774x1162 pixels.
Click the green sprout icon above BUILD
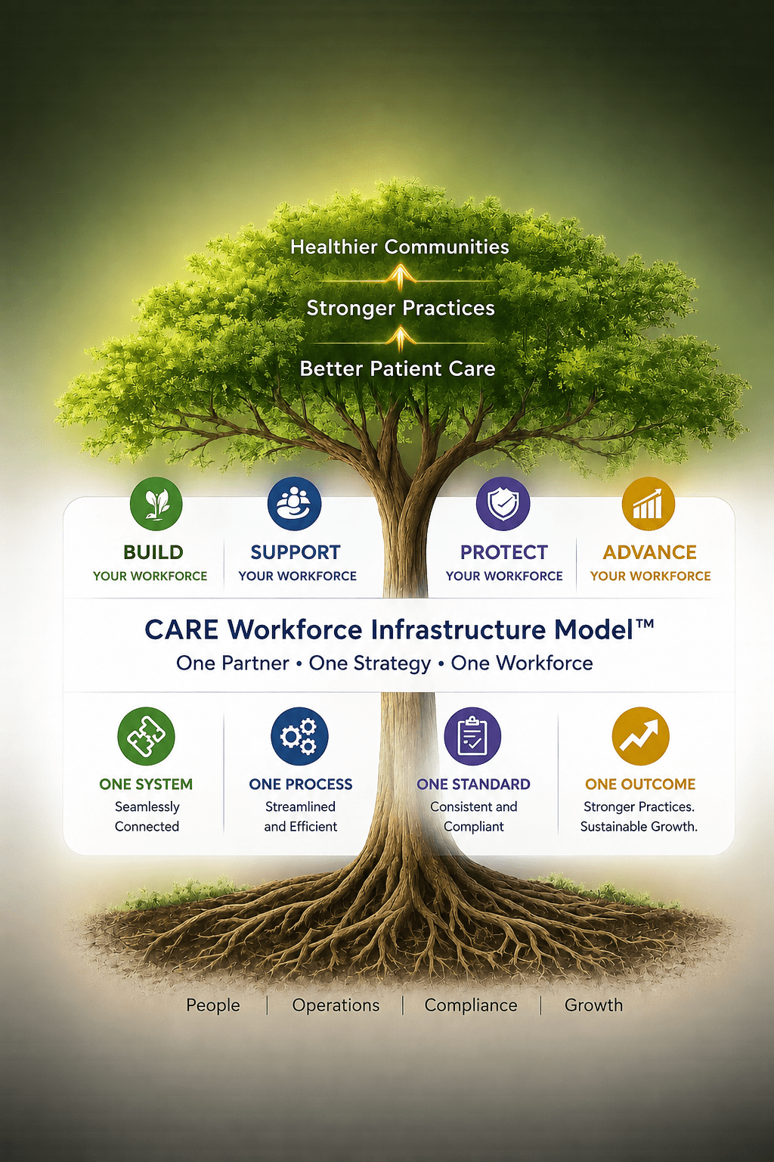pyautogui.click(x=156, y=505)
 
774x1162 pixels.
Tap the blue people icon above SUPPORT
pyautogui.click(x=295, y=504)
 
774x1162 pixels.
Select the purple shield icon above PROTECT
pyautogui.click(x=503, y=504)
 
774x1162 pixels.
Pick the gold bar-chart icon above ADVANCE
pyautogui.click(x=648, y=504)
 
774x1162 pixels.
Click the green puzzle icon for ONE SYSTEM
pyautogui.click(x=146, y=736)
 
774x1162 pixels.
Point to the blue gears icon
pyautogui.click(x=299, y=736)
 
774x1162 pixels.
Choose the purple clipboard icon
pyautogui.click(x=472, y=736)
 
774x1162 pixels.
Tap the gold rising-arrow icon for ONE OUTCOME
pyautogui.click(x=640, y=736)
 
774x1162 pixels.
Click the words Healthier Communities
pyautogui.click(x=400, y=247)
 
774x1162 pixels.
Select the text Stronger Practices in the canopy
pyautogui.click(x=401, y=308)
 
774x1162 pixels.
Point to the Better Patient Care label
pyautogui.click(x=398, y=369)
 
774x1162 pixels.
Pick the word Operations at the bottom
pyautogui.click(x=336, y=1005)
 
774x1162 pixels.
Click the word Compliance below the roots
pyautogui.click(x=471, y=1005)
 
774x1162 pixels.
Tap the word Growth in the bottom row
pyautogui.click(x=593, y=1005)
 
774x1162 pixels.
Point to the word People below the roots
pyautogui.click(x=213, y=1005)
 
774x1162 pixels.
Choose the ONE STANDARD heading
pyautogui.click(x=473, y=784)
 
